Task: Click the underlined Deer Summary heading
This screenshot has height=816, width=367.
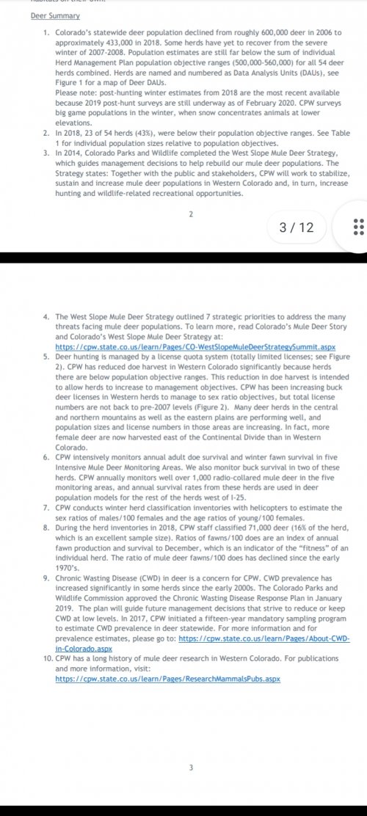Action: [55, 15]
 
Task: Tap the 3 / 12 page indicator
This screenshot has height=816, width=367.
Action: [297, 227]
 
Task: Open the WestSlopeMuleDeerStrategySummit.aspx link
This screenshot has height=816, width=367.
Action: [195, 345]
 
